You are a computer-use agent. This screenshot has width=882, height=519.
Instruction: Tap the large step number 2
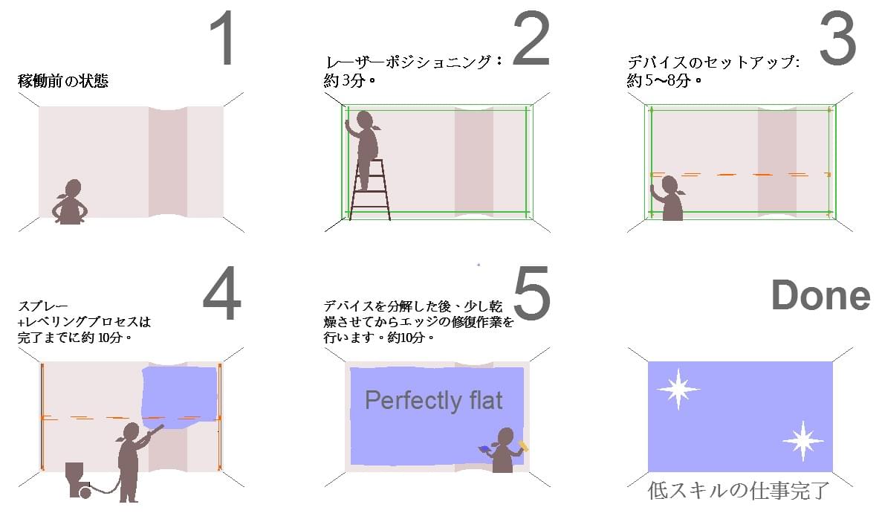(531, 39)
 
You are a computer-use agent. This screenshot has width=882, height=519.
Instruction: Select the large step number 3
(837, 39)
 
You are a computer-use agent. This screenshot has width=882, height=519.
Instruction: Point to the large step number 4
(222, 294)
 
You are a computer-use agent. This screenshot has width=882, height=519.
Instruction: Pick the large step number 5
(531, 294)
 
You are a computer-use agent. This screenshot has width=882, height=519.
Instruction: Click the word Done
(820, 295)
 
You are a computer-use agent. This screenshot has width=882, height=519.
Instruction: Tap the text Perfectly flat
(434, 401)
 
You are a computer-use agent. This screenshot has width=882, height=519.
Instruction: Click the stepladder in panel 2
(369, 189)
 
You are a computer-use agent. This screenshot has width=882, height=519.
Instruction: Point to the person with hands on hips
(71, 202)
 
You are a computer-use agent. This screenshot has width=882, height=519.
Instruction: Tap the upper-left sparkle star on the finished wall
(678, 389)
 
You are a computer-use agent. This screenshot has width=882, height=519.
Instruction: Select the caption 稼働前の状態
(63, 81)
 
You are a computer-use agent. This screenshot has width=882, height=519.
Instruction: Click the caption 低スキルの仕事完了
(738, 490)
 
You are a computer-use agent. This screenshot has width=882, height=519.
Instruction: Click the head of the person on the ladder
(365, 120)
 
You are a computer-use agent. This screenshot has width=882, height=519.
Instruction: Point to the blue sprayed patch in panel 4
(179, 396)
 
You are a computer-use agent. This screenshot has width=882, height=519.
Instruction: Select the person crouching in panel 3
(668, 198)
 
